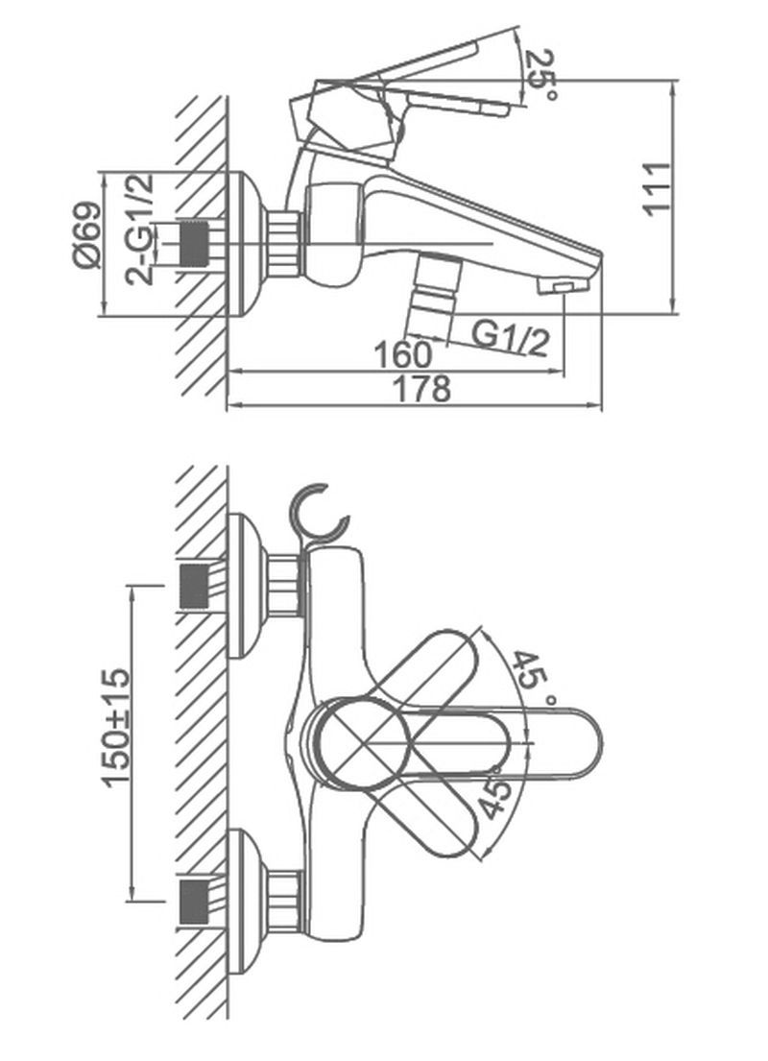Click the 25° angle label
[x=542, y=77]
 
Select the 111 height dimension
[x=657, y=189]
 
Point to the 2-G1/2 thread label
[x=140, y=229]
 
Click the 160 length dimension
[x=402, y=354]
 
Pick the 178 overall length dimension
[x=421, y=389]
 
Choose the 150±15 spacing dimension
[x=116, y=728]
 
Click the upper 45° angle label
[x=535, y=677]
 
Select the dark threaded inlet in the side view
[x=194, y=244]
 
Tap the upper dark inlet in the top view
[x=194, y=586]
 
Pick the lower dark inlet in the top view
[x=194, y=903]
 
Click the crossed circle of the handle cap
[x=363, y=743]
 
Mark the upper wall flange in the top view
[x=248, y=586]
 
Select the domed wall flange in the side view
[x=248, y=244]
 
